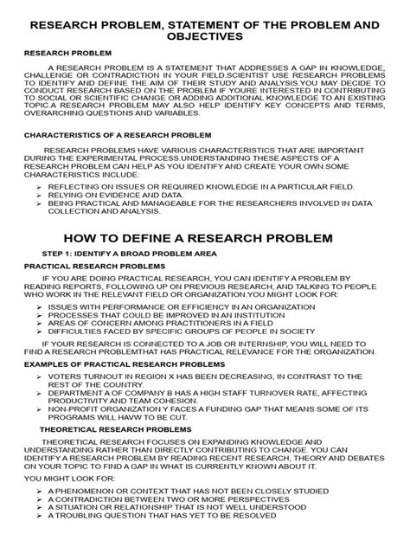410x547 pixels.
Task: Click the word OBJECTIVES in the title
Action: pyautogui.click(x=205, y=38)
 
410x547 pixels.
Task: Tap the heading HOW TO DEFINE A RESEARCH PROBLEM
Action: pyautogui.click(x=205, y=237)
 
